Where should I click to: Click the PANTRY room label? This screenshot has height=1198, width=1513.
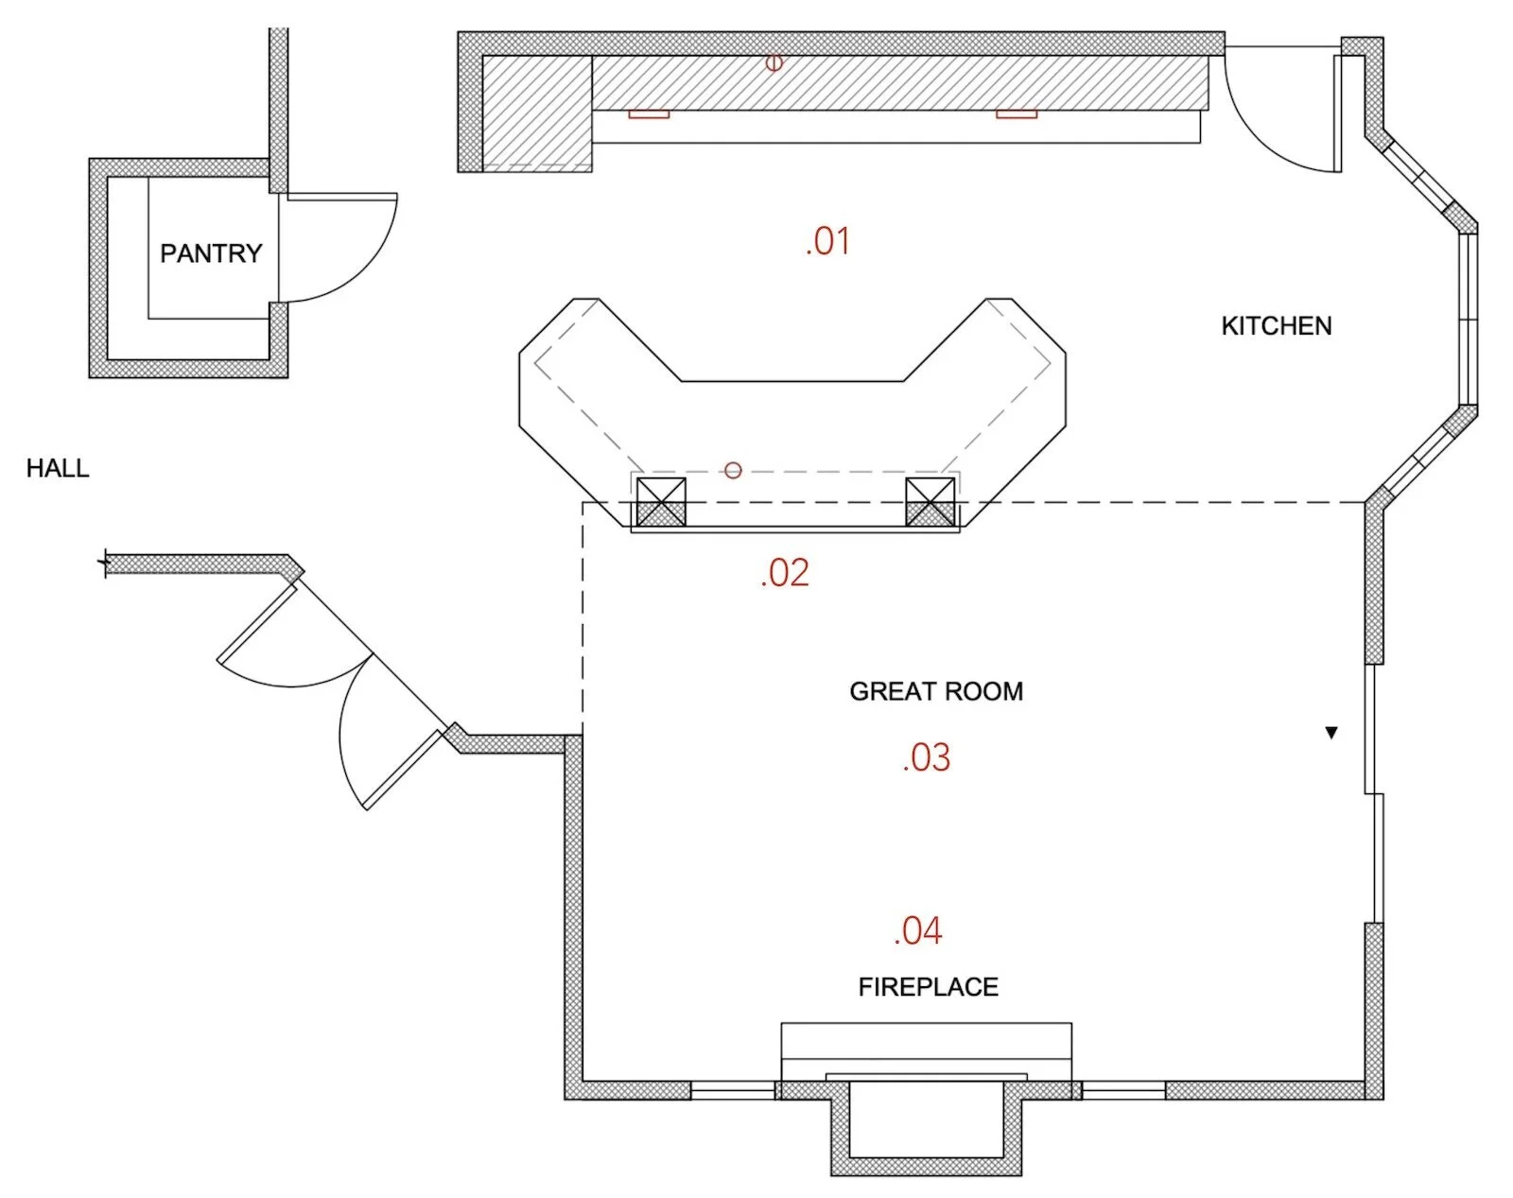tap(211, 253)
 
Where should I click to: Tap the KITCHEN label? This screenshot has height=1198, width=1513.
tap(1276, 326)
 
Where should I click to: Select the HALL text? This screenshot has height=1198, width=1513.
tap(58, 468)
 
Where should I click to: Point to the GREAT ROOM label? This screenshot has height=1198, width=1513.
tap(935, 691)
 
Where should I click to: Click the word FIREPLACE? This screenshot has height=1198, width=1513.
tap(928, 987)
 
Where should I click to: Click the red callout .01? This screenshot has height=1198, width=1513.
tap(827, 241)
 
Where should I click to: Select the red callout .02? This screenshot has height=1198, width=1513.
tap(785, 573)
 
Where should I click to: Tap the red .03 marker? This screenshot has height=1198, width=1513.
tap(927, 757)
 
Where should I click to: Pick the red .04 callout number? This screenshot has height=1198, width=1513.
tap(918, 930)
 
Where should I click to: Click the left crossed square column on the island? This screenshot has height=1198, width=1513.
tap(661, 502)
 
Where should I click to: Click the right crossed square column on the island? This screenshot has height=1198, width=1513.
tap(930, 502)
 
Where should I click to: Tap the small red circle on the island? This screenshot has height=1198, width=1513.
tap(733, 470)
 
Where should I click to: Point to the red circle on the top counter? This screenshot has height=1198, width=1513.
tap(774, 62)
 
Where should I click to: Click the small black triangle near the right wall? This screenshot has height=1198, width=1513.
tap(1331, 732)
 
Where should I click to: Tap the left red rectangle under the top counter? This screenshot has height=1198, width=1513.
tap(649, 114)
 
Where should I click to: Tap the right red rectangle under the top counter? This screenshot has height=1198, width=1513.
tap(1016, 114)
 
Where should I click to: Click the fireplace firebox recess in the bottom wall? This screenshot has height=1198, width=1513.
tap(926, 1120)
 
